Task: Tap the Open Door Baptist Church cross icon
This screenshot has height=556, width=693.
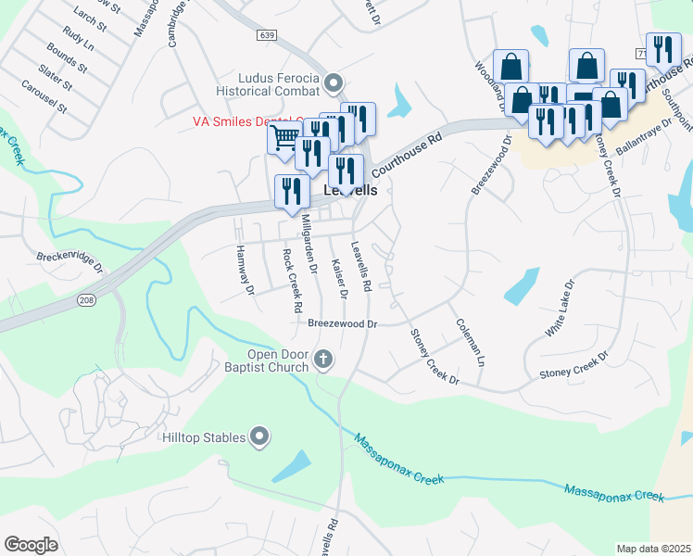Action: point(323,359)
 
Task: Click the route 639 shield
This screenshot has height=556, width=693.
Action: point(267,34)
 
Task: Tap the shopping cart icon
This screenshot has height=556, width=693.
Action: point(284,138)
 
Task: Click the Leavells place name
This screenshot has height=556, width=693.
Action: point(351,190)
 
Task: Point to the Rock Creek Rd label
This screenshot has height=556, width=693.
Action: point(293,279)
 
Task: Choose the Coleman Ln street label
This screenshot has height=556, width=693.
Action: point(470,342)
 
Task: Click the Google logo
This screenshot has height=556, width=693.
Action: point(31,545)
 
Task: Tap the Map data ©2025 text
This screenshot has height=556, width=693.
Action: point(653,549)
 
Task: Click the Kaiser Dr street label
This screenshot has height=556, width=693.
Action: point(338,279)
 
